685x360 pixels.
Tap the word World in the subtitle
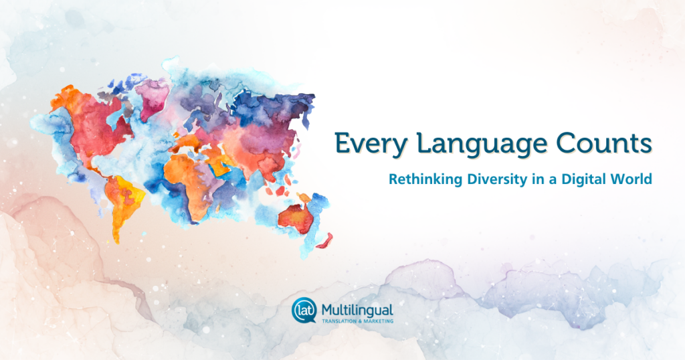(631, 179)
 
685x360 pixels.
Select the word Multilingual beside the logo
(357, 310)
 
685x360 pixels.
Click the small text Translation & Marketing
(357, 321)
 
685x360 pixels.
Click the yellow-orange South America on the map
(122, 205)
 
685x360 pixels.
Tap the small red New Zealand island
(325, 241)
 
